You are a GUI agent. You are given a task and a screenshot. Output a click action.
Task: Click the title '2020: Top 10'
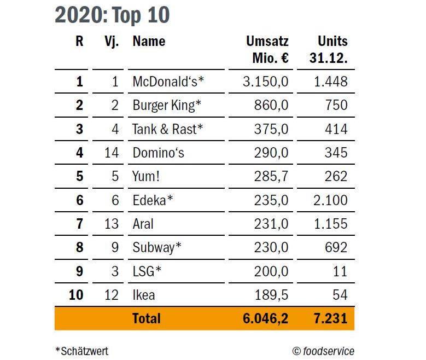click(x=112, y=15)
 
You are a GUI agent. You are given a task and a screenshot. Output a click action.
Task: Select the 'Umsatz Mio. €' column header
click(x=267, y=49)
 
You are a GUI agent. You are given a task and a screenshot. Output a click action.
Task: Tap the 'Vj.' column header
click(x=111, y=41)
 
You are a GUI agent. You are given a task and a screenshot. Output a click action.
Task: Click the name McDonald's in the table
click(x=168, y=82)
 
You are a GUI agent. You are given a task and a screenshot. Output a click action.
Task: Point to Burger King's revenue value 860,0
click(x=271, y=106)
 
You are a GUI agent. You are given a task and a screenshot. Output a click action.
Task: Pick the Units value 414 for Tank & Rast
click(x=336, y=129)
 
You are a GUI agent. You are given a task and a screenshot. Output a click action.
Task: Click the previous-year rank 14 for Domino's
click(x=111, y=153)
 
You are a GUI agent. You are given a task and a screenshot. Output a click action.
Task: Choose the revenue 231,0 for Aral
click(x=271, y=224)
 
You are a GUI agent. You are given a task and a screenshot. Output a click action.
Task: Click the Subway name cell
click(x=157, y=248)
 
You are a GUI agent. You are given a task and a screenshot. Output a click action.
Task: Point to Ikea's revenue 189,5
click(x=271, y=295)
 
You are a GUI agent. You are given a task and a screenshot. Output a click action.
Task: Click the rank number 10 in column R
click(x=76, y=295)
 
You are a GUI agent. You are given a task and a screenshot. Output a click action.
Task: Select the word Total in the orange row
click(x=147, y=318)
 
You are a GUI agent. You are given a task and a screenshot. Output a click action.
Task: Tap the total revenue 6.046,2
click(x=266, y=318)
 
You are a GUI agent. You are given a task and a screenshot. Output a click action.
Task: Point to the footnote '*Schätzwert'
click(x=82, y=351)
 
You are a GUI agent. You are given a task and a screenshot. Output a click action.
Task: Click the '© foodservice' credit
click(x=323, y=351)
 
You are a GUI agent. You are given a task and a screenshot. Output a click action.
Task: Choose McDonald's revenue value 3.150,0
click(x=266, y=82)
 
